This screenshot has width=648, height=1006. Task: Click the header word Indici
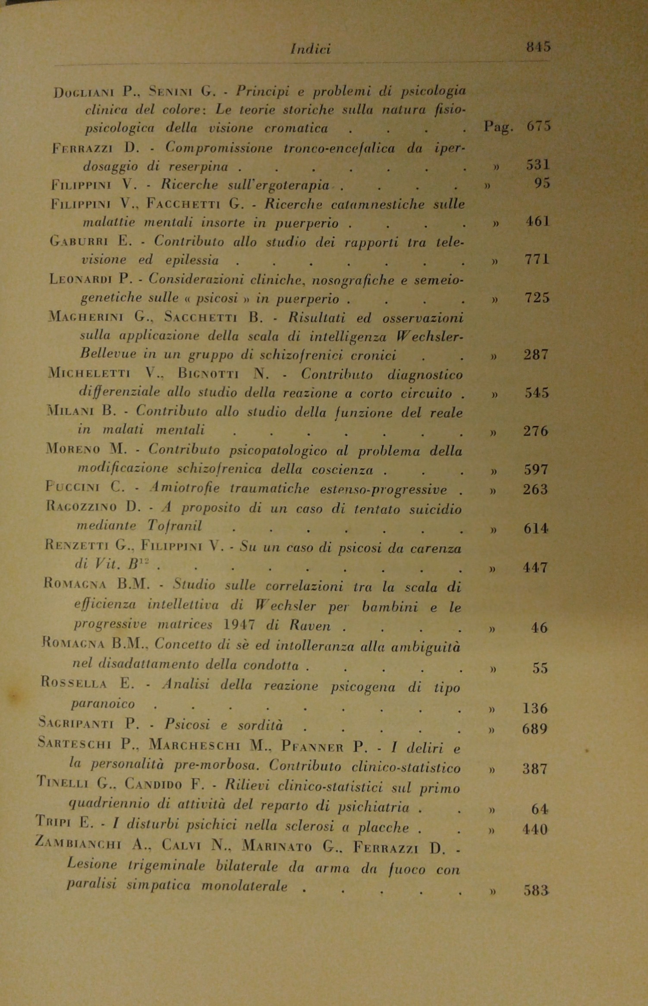click(x=311, y=50)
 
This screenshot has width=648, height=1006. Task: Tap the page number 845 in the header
click(x=538, y=47)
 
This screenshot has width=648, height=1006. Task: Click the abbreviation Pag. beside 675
click(x=498, y=127)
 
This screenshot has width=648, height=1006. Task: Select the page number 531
click(x=538, y=165)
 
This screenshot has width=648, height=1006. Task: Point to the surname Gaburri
click(x=79, y=242)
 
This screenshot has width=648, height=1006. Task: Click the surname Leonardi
click(x=80, y=280)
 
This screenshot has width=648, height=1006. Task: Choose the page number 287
click(x=536, y=355)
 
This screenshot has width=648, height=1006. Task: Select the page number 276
click(x=535, y=431)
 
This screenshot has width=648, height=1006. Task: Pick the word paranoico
click(x=103, y=704)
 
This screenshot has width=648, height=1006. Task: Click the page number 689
click(x=535, y=729)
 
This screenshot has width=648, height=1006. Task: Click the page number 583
click(x=535, y=890)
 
